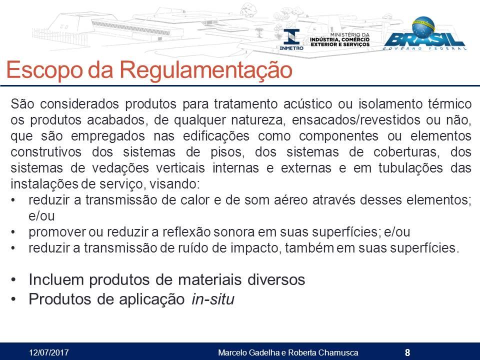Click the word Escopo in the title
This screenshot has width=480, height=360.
pos(44,70)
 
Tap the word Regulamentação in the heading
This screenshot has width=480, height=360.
pos(205,70)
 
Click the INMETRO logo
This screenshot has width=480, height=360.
pos(291,39)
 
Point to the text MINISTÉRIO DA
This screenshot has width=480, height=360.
pos(349,35)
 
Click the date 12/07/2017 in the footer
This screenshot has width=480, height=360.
pos(48,352)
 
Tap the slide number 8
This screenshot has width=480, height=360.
pos(407,352)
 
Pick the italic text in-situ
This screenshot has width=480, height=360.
pos(213,299)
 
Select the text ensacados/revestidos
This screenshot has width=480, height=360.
pos(356,120)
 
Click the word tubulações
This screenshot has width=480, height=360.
pos(410,168)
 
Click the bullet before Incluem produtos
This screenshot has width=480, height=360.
pos(13,280)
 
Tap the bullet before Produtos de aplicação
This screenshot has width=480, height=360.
pos(13,299)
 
